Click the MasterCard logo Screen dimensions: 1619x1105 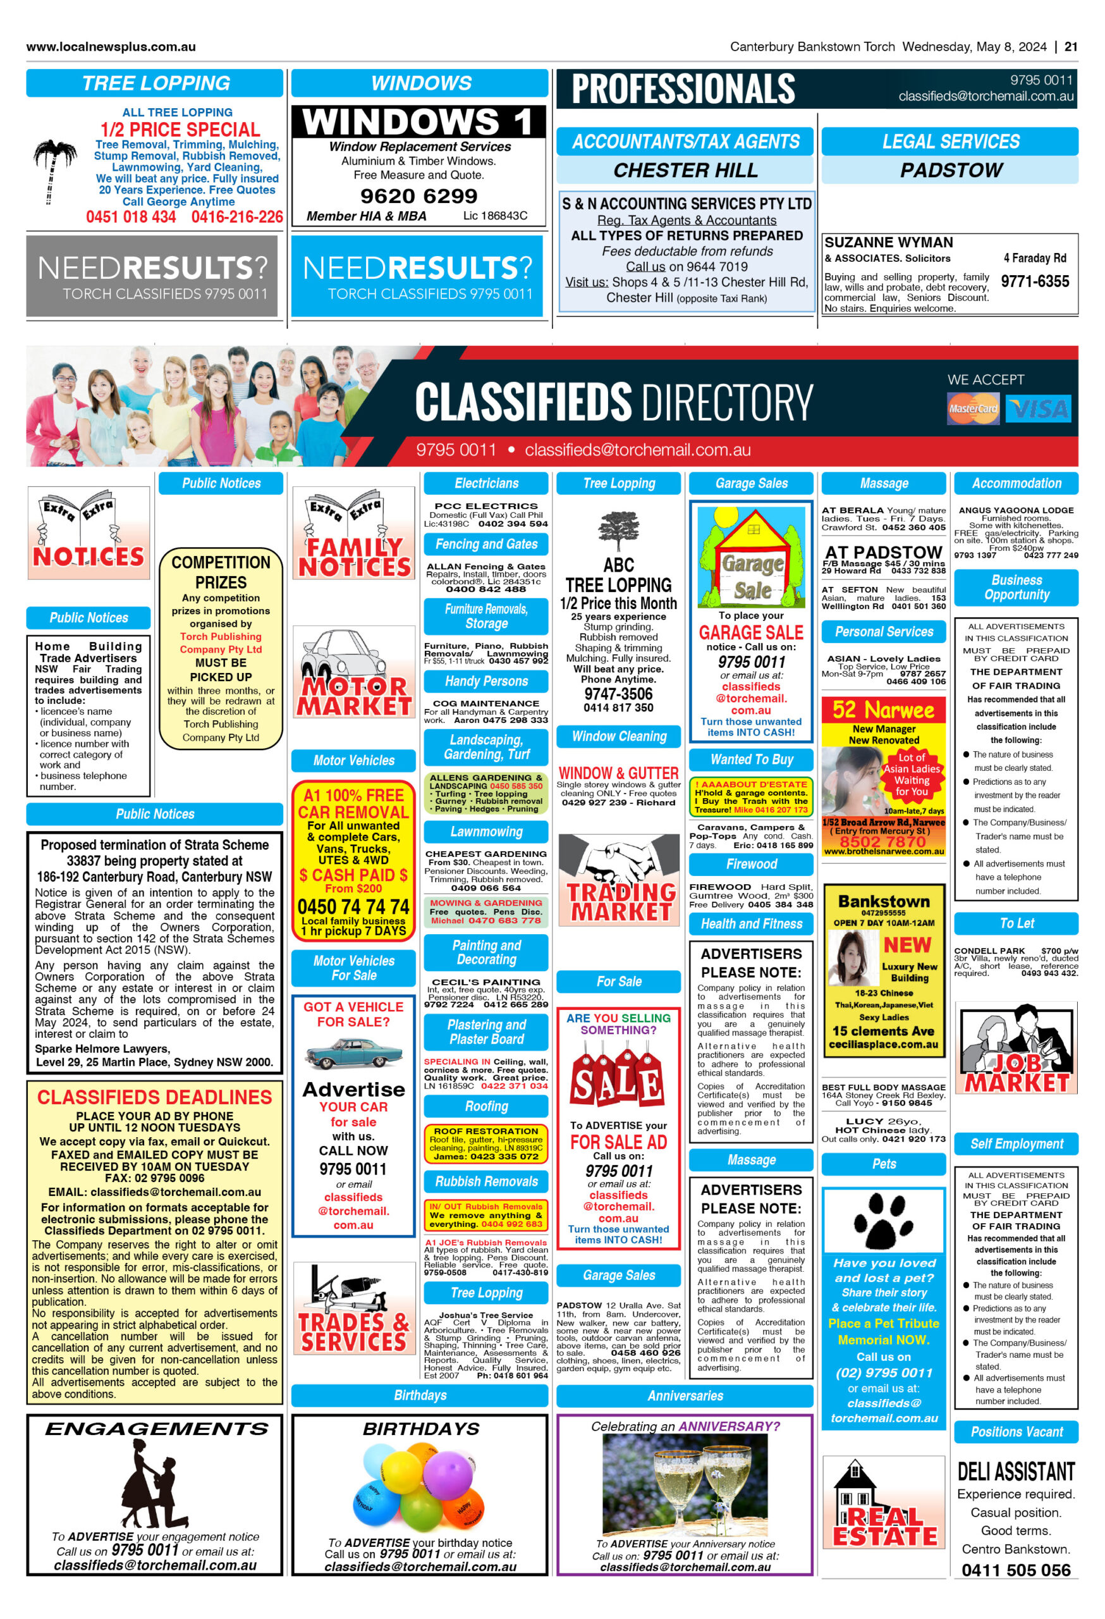(x=973, y=409)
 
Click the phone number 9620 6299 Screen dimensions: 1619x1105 (x=418, y=196)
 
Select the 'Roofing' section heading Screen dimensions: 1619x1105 (x=486, y=1106)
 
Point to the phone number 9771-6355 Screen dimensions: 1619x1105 (x=1035, y=281)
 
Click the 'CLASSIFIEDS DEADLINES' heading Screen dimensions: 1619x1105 (x=155, y=1097)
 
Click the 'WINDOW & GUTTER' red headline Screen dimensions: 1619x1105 (x=618, y=773)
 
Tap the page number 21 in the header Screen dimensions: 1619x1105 (x=1071, y=47)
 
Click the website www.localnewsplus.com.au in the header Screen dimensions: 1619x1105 (x=111, y=47)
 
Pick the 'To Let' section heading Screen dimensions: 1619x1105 (x=1016, y=923)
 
